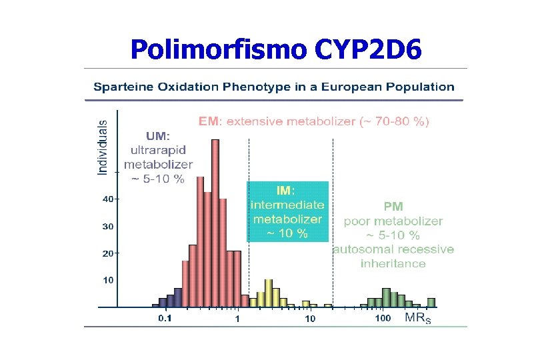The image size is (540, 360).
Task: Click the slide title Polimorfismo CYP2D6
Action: pyautogui.click(x=276, y=49)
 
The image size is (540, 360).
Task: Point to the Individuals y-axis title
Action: pyautogui.click(x=103, y=147)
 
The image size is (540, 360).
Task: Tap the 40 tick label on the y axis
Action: pyautogui.click(x=107, y=199)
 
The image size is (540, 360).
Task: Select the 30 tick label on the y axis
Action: pyautogui.click(x=107, y=227)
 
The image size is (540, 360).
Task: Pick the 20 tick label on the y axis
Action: pyautogui.click(x=107, y=254)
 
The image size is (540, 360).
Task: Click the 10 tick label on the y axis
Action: pyautogui.click(x=107, y=281)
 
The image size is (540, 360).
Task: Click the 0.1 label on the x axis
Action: pyautogui.click(x=164, y=318)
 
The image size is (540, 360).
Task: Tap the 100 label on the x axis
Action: pyautogui.click(x=383, y=318)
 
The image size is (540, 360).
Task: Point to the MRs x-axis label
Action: pyautogui.click(x=418, y=318)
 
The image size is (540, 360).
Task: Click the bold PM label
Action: pyautogui.click(x=393, y=207)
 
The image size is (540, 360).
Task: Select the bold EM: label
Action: pyautogui.click(x=211, y=122)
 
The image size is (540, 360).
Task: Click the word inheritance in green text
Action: pyautogui.click(x=393, y=263)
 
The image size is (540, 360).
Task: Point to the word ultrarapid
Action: pyautogui.click(x=158, y=149)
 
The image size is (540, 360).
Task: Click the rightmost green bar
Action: pyautogui.click(x=431, y=302)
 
